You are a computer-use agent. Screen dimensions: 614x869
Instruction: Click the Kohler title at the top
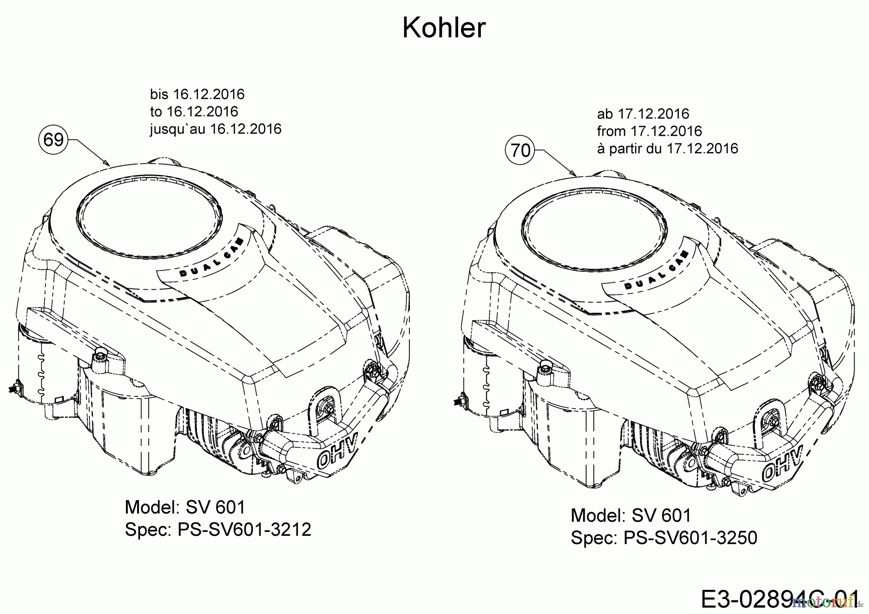tap(444, 28)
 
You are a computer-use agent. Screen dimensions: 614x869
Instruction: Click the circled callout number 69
tap(53, 140)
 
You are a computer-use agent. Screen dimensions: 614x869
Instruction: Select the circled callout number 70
tap(520, 151)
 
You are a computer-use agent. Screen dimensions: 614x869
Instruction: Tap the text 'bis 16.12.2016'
tap(197, 94)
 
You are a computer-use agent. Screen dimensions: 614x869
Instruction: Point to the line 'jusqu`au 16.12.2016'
tap(215, 129)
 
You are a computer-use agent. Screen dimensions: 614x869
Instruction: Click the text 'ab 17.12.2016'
tap(643, 114)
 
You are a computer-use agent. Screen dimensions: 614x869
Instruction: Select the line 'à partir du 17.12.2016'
tap(667, 148)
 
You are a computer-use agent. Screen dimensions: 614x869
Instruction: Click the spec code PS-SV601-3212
tap(244, 530)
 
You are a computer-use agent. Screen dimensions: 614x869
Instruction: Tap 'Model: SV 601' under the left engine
tap(185, 507)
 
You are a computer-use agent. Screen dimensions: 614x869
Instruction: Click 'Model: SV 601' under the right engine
tap(631, 516)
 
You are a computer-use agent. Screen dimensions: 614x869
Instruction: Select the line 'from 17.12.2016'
tap(649, 131)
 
